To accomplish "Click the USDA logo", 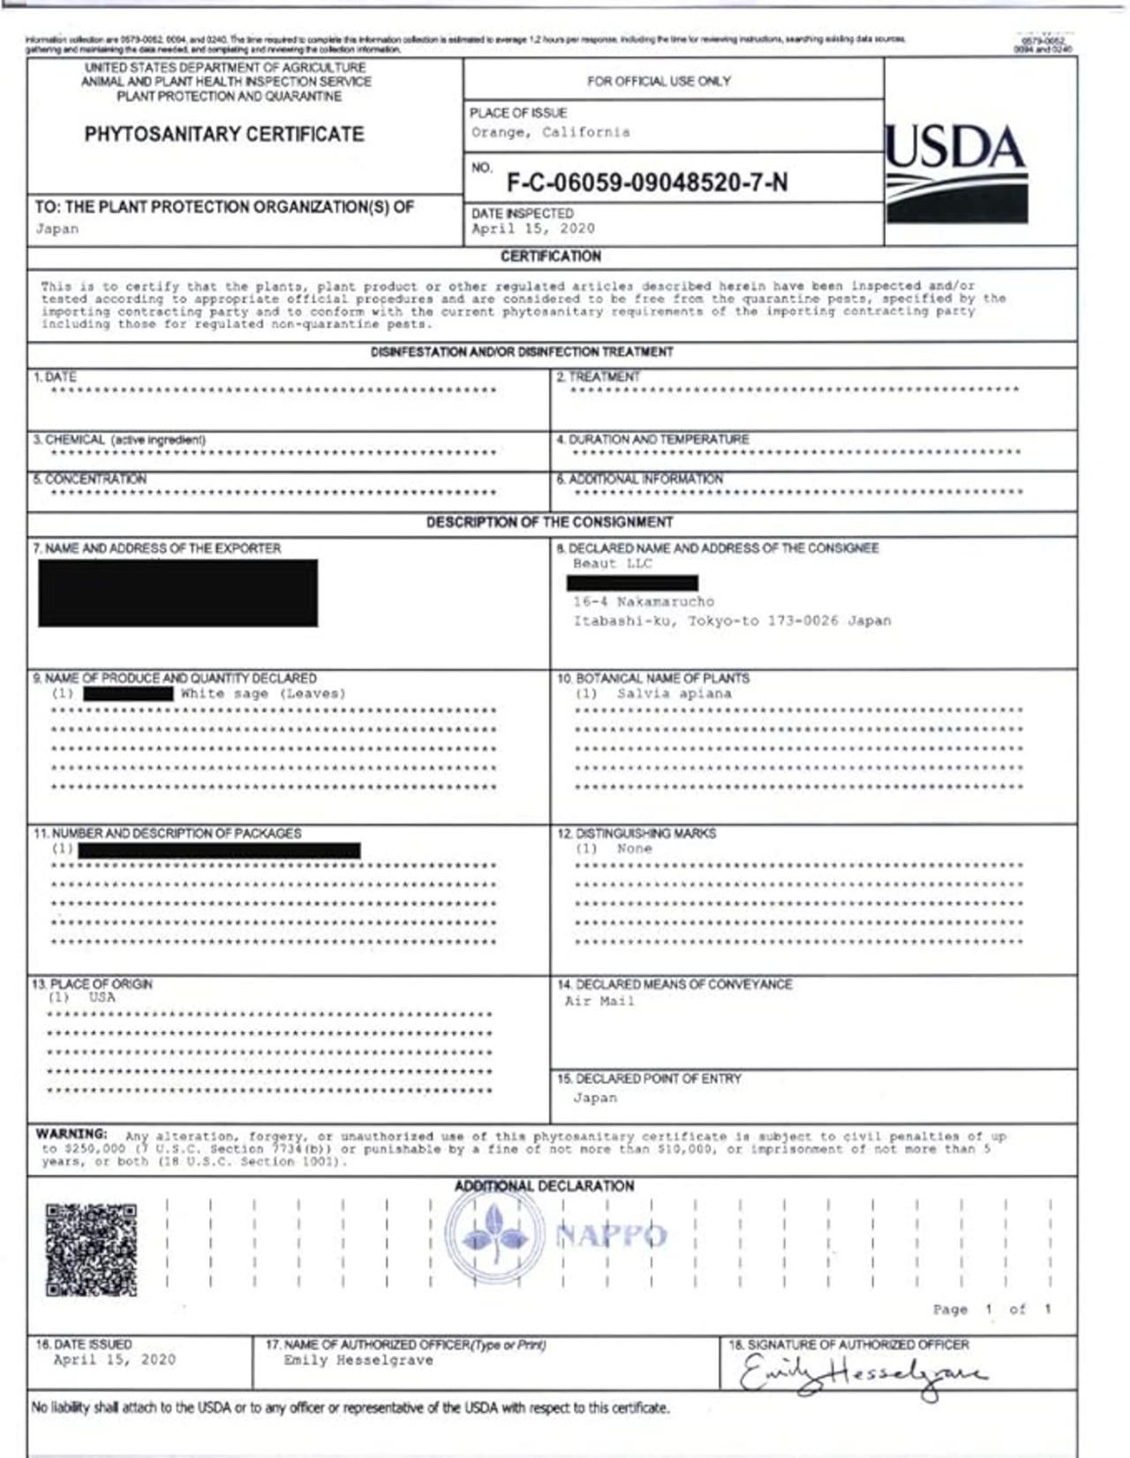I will pos(956,172).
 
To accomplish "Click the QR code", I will pos(91,1249).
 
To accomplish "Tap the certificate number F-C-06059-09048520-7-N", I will pos(646,183).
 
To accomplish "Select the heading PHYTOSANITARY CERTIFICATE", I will pos(224,134).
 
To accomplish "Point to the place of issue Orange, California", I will pos(550,132).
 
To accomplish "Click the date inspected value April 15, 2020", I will pos(532,229).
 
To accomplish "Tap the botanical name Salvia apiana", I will pos(674,694).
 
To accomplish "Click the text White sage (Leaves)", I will pos(263,694).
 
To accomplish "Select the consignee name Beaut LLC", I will pos(612,563).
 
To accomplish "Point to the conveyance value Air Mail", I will pos(599,1001).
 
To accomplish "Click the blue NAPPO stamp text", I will pos(611,1235).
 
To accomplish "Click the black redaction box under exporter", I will pos(177,593).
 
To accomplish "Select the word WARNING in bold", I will pos(72,1134).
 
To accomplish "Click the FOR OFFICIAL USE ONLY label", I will pos(659,81).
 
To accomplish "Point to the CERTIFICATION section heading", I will pos(550,256).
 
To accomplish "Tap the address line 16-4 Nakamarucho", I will pos(643,602).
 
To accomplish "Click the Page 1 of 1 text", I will pos(991,1310).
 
